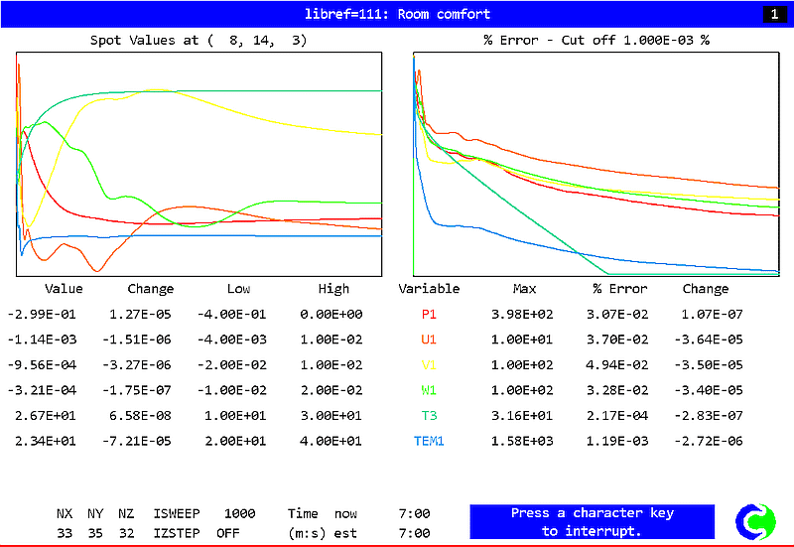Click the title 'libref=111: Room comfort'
pos(396,14)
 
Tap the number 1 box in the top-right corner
pos(772,14)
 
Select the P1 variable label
pos(429,315)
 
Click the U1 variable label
pos(429,340)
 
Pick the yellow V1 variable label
pos(429,365)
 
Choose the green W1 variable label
pos(429,390)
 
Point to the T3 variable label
pos(429,416)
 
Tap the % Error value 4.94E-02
pos(619,365)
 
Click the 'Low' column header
pos(238,289)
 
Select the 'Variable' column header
pos(429,289)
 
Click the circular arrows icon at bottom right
pos(755,521)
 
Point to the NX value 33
pos(65,533)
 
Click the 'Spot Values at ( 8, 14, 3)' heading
pos(198,40)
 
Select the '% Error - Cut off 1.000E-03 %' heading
pos(595,40)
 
